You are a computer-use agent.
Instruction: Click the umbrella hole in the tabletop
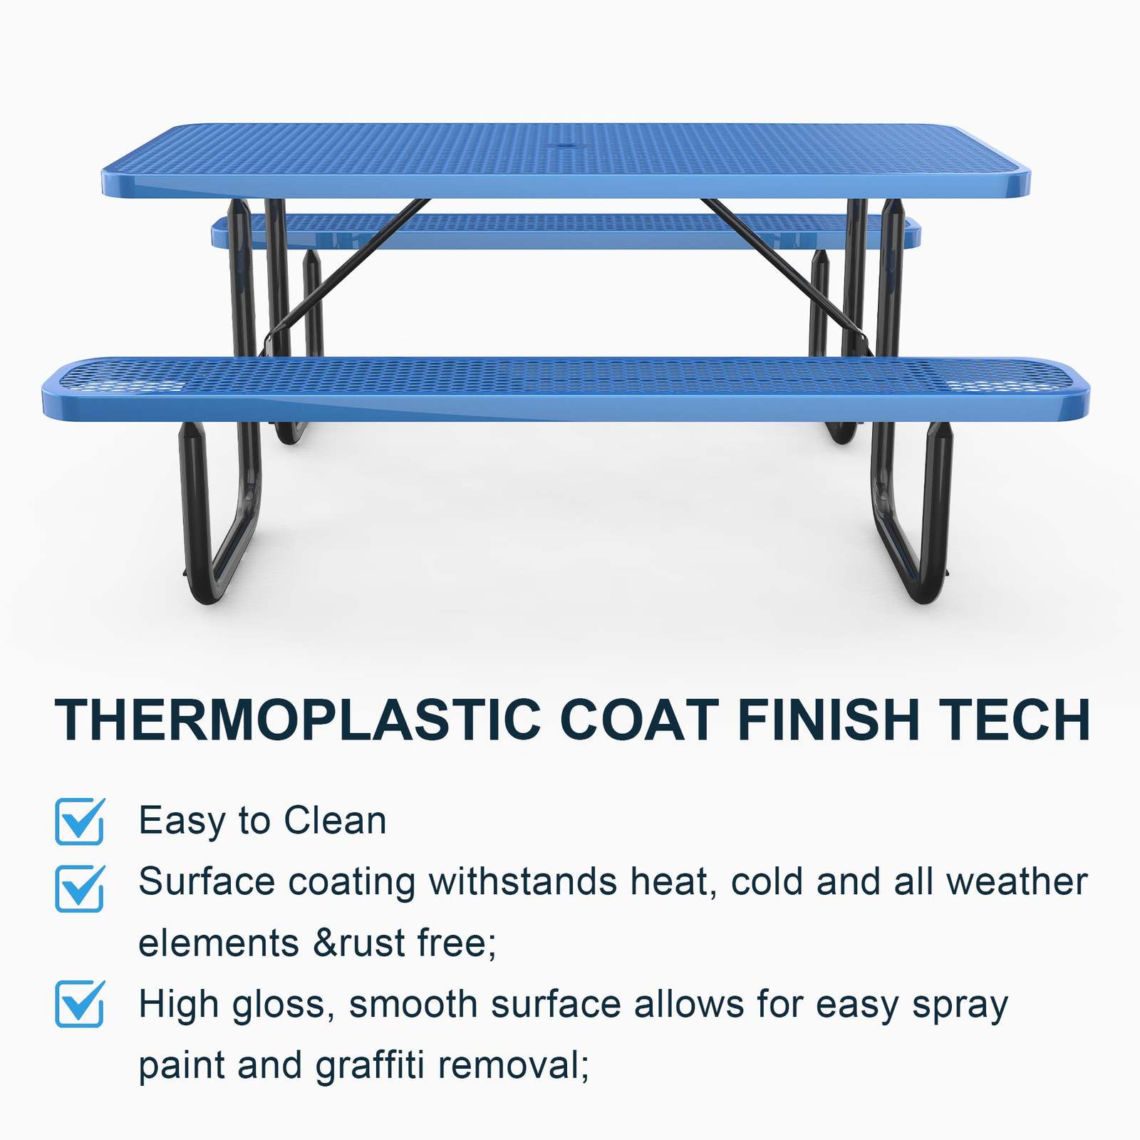tap(567, 147)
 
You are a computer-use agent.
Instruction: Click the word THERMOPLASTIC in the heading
tap(298, 720)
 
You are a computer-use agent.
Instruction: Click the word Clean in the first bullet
tap(335, 820)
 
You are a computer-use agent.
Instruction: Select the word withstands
tap(523, 881)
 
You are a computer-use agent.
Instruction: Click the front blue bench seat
tap(566, 388)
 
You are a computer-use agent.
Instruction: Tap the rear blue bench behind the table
tap(566, 231)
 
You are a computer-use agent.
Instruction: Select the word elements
tap(218, 943)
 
